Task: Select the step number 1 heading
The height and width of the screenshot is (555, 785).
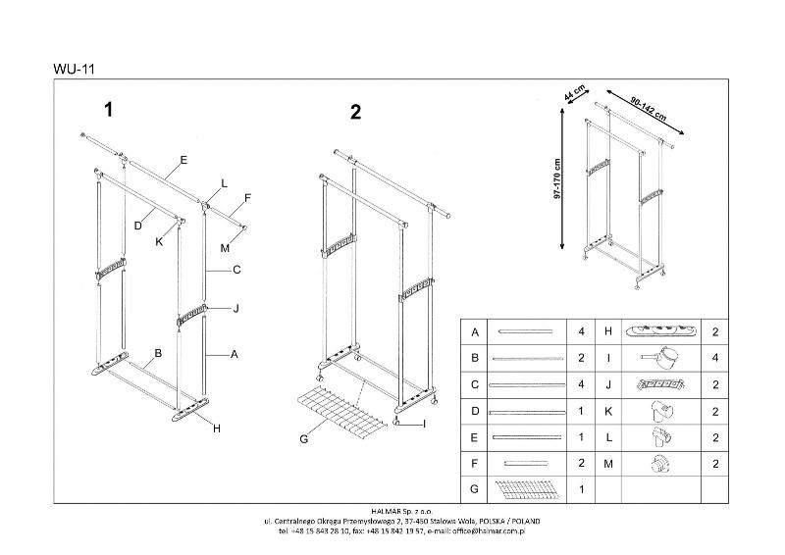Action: [x=109, y=110]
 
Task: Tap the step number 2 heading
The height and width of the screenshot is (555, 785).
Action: [x=355, y=112]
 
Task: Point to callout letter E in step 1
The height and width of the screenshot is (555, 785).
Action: [x=183, y=160]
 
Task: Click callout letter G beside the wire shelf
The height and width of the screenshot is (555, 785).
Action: [x=304, y=438]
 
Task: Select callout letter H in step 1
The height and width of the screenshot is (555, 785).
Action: [x=217, y=428]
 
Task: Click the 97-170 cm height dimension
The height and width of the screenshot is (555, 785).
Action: [x=556, y=179]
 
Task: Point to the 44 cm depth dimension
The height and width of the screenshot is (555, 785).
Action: [x=574, y=96]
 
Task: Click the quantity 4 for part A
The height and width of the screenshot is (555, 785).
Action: [x=581, y=332]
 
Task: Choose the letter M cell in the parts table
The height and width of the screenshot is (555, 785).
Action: [x=608, y=461]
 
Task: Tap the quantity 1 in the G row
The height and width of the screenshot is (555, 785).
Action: [x=581, y=487]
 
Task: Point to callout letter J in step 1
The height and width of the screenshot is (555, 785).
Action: [x=235, y=309]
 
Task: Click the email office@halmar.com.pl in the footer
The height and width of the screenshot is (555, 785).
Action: [x=482, y=530]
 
